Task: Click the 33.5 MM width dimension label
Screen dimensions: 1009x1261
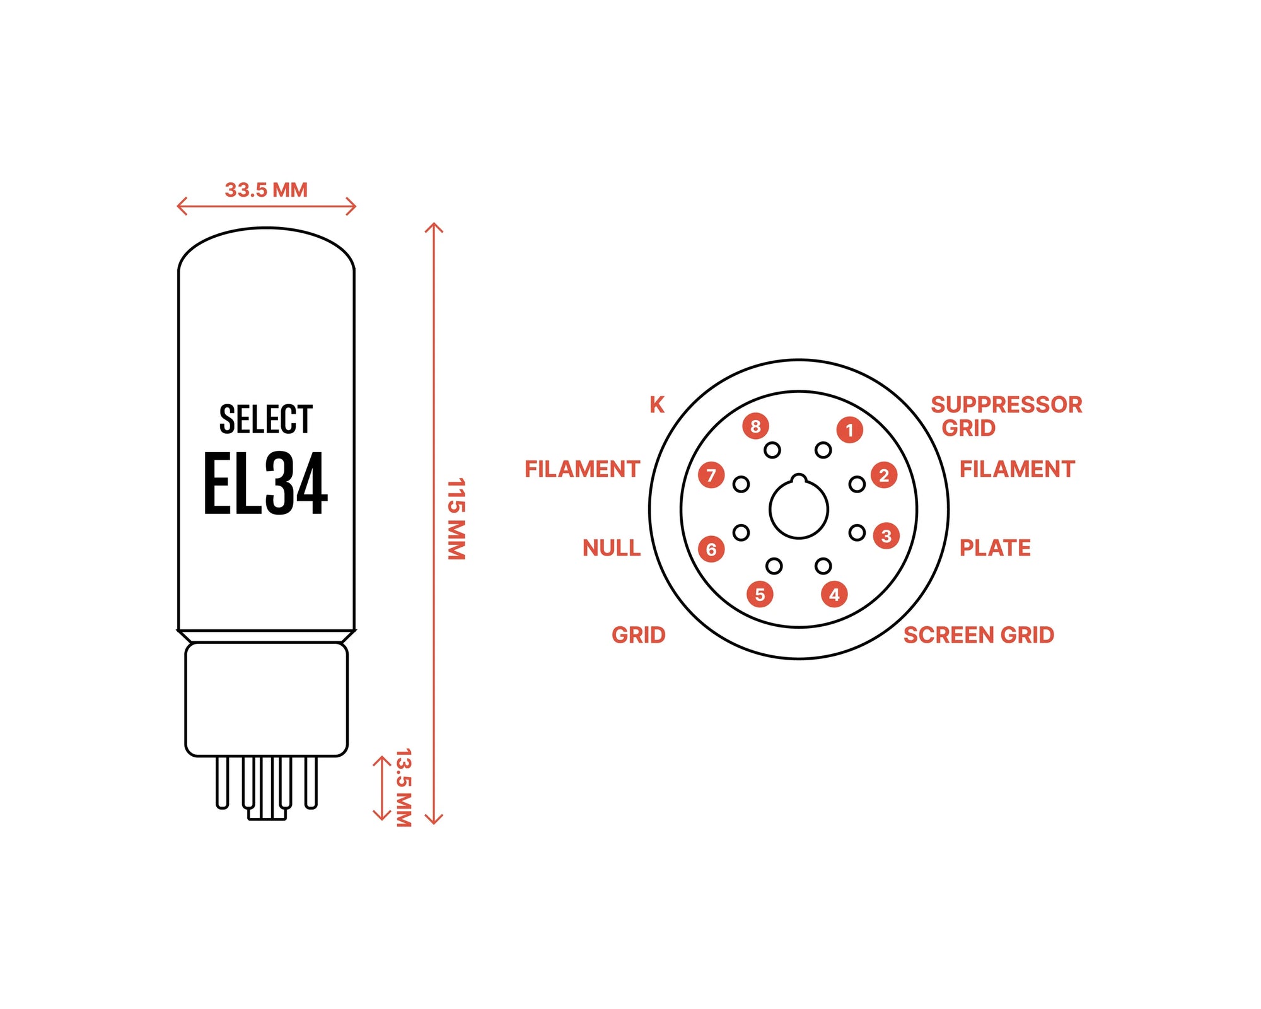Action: tap(266, 190)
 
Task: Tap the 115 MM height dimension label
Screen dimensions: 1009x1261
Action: tap(456, 519)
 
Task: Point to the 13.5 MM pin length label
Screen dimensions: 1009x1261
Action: tap(404, 788)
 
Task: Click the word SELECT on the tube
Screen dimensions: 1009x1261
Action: tap(265, 419)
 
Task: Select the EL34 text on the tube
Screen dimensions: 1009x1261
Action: tap(265, 484)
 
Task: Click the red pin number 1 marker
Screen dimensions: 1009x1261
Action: tap(849, 430)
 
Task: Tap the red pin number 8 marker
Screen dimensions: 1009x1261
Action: tap(755, 426)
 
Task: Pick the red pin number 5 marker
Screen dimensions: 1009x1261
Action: tap(760, 594)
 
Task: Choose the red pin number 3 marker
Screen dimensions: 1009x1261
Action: tap(886, 536)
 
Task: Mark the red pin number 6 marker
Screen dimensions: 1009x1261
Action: tap(711, 549)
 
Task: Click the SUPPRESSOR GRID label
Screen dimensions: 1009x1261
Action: tap(1006, 416)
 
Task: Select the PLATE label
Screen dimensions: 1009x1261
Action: tap(995, 548)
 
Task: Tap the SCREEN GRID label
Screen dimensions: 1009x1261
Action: tap(979, 635)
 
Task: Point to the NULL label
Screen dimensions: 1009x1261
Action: tap(611, 548)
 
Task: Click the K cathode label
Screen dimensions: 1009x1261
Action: tap(657, 405)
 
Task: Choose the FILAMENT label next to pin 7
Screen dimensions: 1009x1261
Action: tap(582, 469)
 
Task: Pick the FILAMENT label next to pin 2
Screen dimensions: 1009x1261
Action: tap(1017, 469)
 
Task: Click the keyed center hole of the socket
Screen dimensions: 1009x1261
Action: tap(799, 509)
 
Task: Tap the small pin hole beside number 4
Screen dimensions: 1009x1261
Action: tap(823, 566)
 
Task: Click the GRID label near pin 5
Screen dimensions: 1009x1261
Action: tap(638, 635)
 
